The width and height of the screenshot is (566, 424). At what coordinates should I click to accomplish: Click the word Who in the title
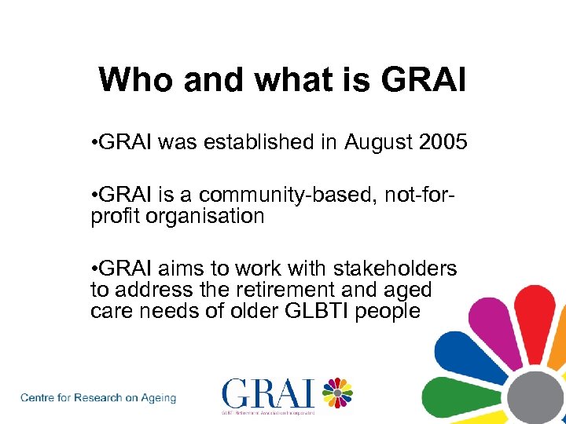click(x=130, y=80)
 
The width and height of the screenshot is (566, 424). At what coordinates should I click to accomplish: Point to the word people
click(x=388, y=311)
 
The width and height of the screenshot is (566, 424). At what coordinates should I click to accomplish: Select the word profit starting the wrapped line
click(x=113, y=217)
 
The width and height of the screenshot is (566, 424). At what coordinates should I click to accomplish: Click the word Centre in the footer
click(x=38, y=398)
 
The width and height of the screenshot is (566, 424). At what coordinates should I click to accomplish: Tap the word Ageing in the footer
click(x=157, y=398)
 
